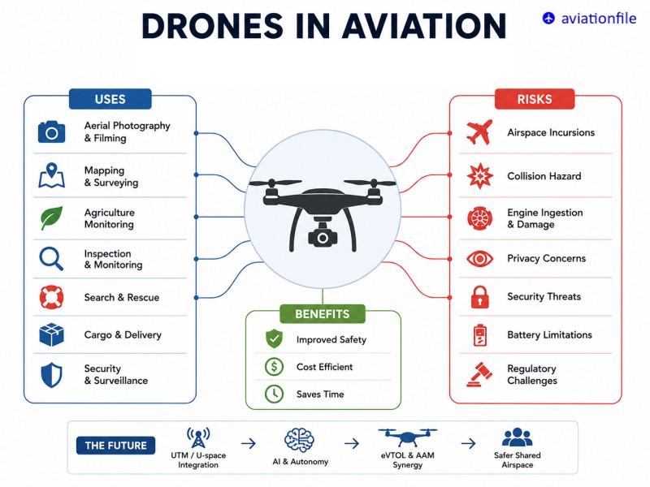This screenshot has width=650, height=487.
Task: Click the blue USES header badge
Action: [110, 99]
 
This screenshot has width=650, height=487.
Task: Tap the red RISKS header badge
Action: [535, 99]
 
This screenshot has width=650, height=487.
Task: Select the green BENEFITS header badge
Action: [322, 314]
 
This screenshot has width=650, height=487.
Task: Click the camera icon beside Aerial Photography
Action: [51, 132]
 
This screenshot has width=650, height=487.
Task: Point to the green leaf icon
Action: [51, 218]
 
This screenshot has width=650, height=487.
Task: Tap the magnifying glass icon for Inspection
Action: [51, 259]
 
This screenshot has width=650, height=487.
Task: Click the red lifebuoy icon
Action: [51, 297]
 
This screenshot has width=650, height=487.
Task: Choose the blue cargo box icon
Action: [51, 334]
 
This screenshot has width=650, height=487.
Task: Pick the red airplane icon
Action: [479, 132]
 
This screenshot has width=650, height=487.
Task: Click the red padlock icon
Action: [479, 297]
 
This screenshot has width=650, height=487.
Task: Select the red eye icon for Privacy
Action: [479, 259]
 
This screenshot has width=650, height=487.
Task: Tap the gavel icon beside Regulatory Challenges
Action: [479, 374]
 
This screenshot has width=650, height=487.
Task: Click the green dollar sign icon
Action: [274, 367]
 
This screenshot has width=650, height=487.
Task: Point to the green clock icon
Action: [274, 394]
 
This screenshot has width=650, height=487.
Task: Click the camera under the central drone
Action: [322, 237]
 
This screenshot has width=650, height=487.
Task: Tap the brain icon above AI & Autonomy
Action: [299, 440]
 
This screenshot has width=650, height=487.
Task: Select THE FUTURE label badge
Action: [115, 446]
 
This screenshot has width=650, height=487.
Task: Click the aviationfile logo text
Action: [599, 18]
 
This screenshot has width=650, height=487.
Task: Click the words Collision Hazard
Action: [544, 176]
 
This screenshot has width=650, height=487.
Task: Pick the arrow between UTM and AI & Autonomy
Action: [249, 443]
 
